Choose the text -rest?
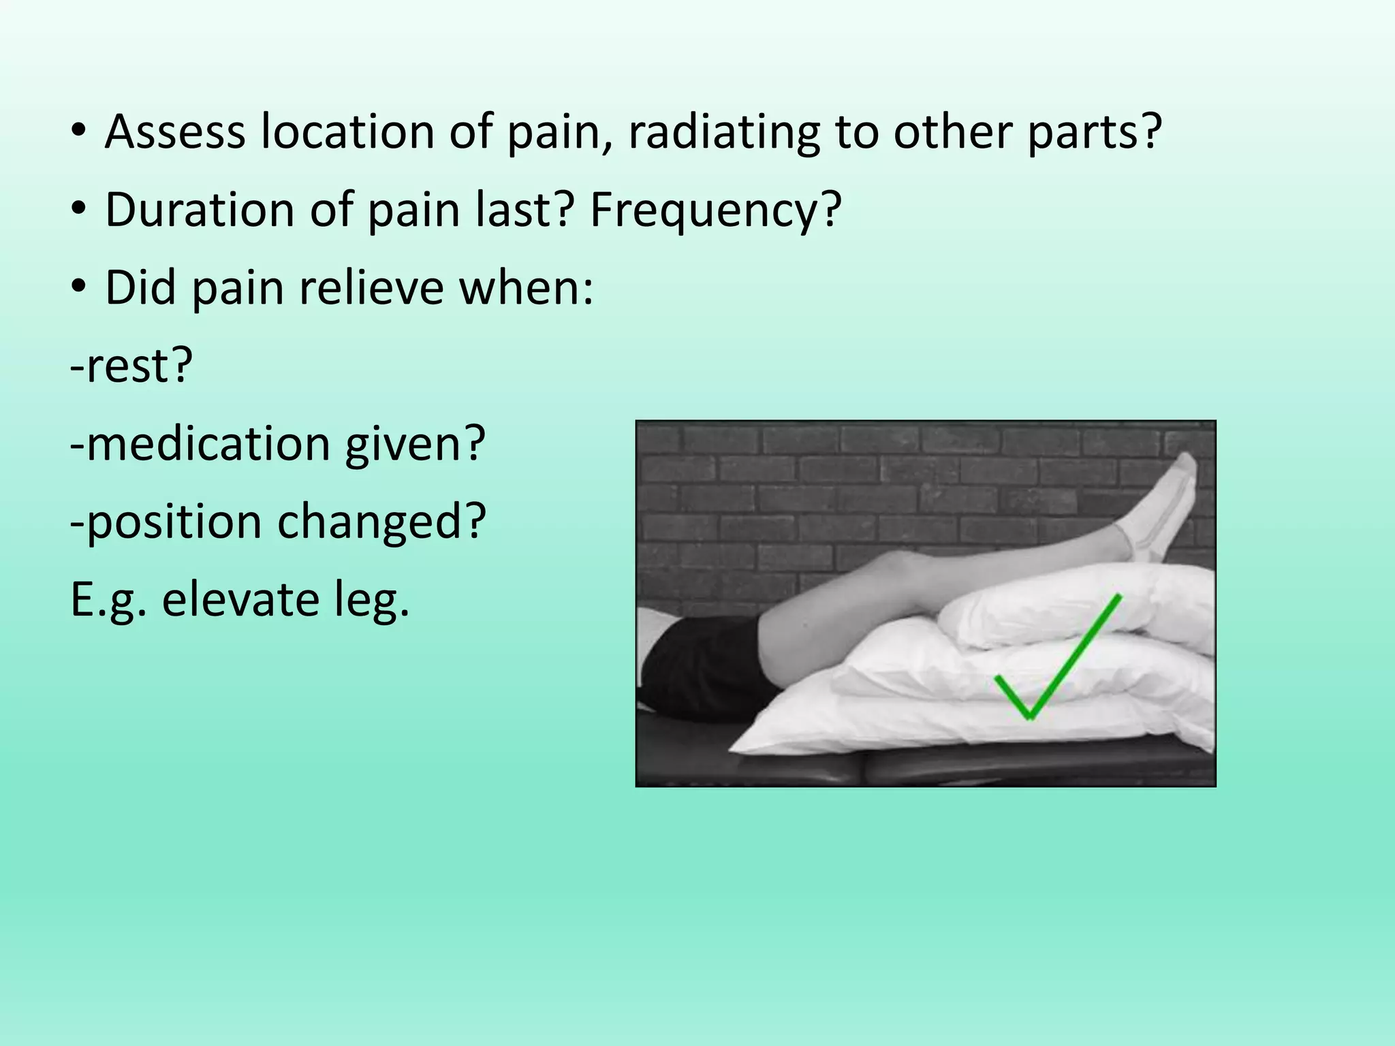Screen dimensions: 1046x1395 pos(131,366)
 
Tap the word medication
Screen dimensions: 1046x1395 pos(208,443)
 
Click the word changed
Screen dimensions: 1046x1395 pos(381,522)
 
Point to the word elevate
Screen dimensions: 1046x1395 pos(240,599)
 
